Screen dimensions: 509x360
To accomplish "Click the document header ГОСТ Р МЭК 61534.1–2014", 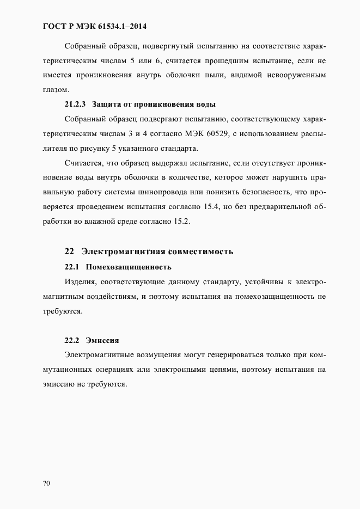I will (95, 26).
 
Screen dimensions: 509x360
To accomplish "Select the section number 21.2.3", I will (75, 104).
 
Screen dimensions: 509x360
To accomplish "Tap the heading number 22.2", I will (72, 340).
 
